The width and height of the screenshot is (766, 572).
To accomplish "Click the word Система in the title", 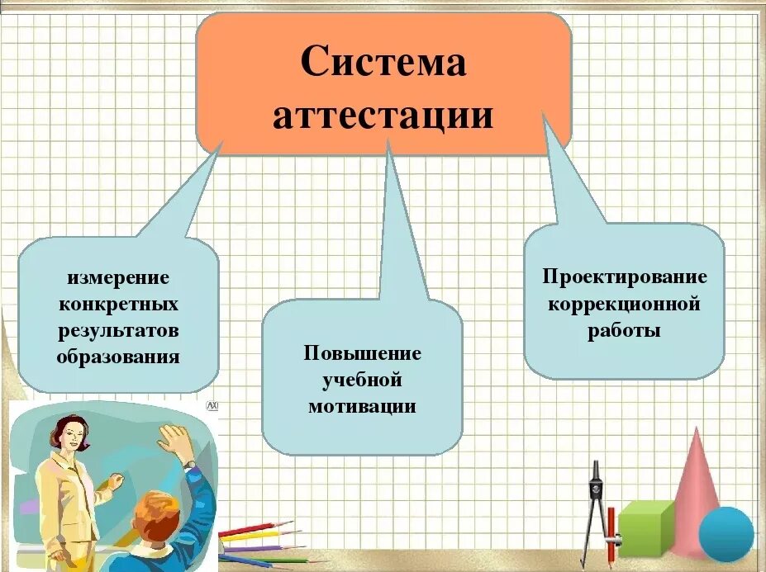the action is point(383,63).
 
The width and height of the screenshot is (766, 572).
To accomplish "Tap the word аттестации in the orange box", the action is point(383,116).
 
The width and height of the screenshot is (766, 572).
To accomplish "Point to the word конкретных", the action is point(118,304).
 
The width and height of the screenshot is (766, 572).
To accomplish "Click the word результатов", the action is point(118,330).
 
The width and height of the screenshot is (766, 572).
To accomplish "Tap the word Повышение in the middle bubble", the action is point(362,354).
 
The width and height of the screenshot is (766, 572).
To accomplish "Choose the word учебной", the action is point(362,381).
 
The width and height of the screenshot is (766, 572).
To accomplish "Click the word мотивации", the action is point(362,407).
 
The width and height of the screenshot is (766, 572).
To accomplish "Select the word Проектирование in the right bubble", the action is point(624,277).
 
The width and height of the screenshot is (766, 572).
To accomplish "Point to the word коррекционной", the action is point(624,304).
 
